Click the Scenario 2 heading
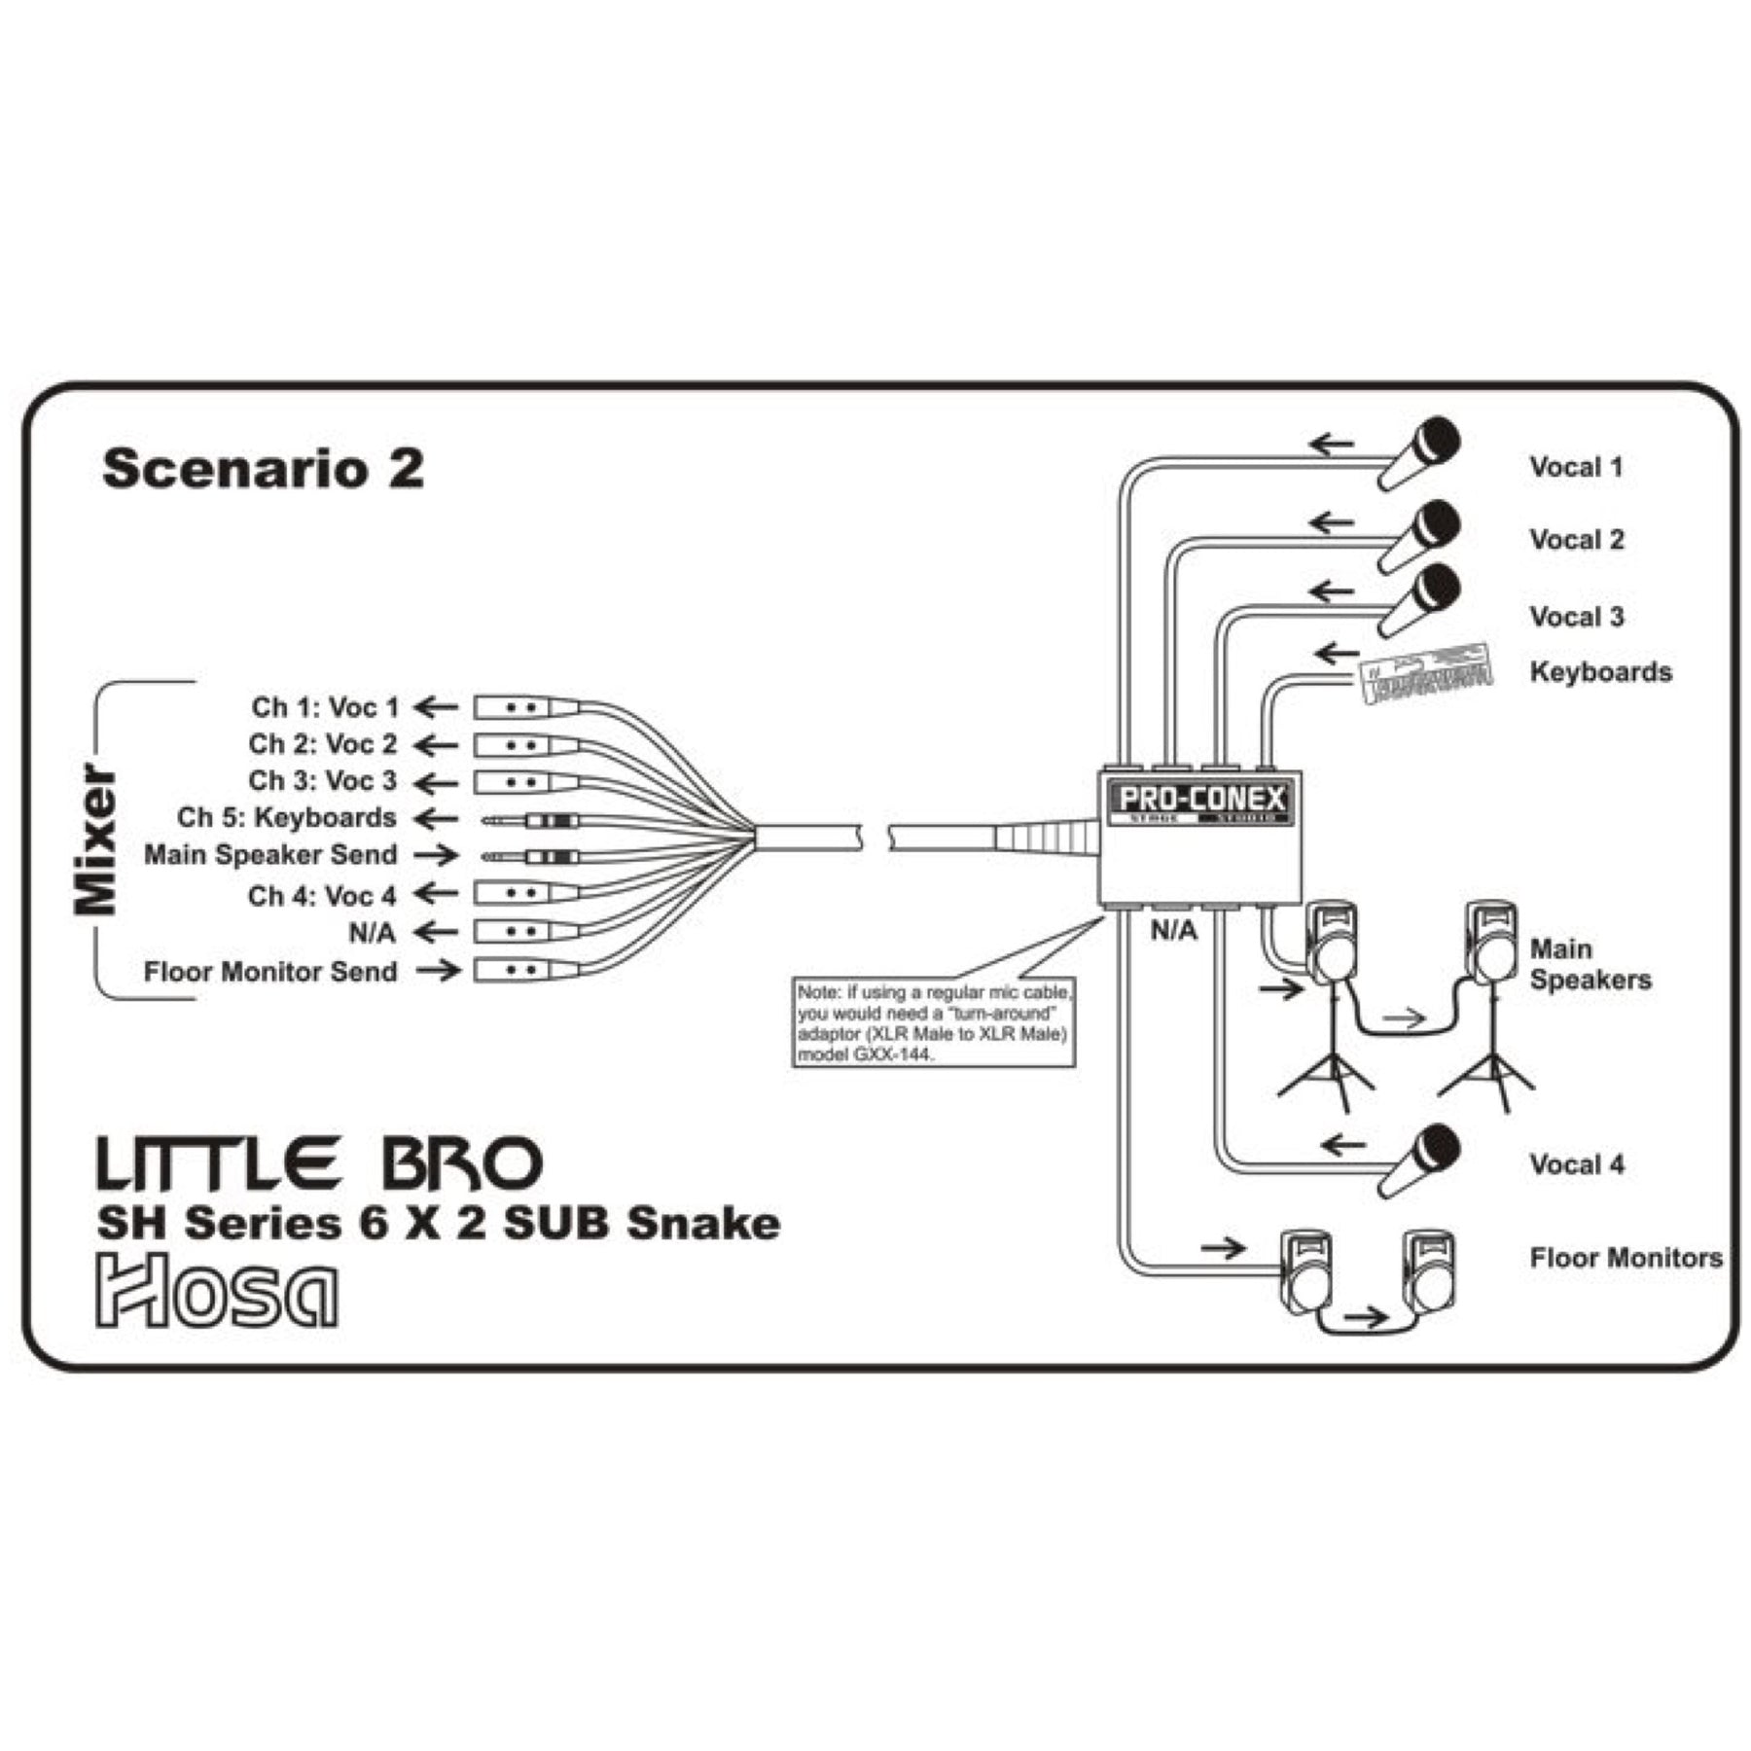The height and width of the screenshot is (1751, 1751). (x=263, y=468)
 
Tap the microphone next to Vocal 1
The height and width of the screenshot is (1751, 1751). (x=1420, y=453)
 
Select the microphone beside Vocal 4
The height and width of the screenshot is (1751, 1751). (x=1420, y=1161)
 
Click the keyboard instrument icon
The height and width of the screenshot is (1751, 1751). (x=1426, y=672)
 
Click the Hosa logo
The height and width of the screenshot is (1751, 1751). (x=216, y=1290)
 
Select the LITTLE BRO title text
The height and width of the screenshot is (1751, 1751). (x=318, y=1164)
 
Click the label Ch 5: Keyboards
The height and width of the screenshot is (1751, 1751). (x=287, y=818)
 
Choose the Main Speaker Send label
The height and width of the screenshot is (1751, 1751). (x=270, y=855)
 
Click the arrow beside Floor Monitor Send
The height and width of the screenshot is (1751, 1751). (x=438, y=970)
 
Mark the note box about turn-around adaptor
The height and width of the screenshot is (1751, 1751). (x=933, y=1022)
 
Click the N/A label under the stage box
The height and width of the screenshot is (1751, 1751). (x=1173, y=931)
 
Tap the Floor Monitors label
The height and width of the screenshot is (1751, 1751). (x=1626, y=1258)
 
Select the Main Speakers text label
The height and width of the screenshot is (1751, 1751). (x=1590, y=964)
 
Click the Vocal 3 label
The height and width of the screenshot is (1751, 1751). (x=1576, y=617)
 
